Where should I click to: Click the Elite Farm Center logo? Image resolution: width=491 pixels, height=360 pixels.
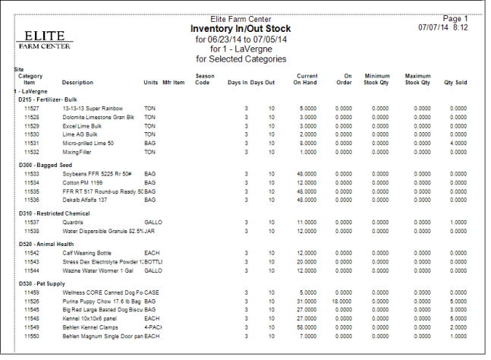pyautogui.click(x=45, y=39)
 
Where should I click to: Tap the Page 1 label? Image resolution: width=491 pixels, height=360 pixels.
pyautogui.click(x=455, y=19)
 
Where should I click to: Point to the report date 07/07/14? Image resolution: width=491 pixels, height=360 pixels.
pyautogui.click(x=433, y=27)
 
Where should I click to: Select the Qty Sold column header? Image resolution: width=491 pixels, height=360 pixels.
pyautogui.click(x=455, y=82)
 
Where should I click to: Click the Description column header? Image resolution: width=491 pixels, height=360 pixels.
pyautogui.click(x=77, y=82)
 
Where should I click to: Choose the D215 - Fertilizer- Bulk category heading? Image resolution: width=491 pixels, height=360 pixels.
pyautogui.click(x=49, y=99)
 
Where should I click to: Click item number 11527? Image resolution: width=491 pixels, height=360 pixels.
pyautogui.click(x=31, y=109)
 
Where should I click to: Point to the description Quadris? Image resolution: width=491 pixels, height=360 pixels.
pyautogui.click(x=73, y=222)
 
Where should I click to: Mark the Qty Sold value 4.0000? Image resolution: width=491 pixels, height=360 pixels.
pyautogui.click(x=458, y=142)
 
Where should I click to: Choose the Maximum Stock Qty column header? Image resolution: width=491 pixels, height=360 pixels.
pyautogui.click(x=417, y=79)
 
